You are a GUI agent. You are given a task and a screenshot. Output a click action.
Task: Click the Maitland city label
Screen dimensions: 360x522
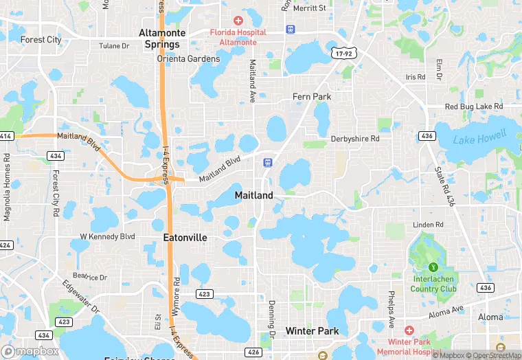pyautogui.click(x=253, y=195)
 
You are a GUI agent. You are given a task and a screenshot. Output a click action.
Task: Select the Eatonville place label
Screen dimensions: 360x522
pyautogui.click(x=185, y=238)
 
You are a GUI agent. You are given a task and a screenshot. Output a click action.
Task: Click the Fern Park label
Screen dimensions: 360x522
pyautogui.click(x=312, y=97)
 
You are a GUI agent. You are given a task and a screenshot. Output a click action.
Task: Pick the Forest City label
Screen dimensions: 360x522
pyautogui.click(x=41, y=40)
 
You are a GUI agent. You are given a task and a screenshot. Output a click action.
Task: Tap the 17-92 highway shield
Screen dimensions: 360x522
pyautogui.click(x=345, y=52)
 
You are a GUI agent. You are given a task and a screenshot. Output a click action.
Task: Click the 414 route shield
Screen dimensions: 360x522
pyautogui.click(x=5, y=137)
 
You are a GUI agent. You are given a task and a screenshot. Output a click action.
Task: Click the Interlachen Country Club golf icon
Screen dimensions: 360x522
pyautogui.click(x=433, y=267)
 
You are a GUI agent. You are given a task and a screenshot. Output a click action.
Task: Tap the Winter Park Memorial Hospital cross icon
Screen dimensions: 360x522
pyautogui.click(x=409, y=330)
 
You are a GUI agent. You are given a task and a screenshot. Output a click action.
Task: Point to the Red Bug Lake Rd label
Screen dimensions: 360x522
pyautogui.click(x=474, y=107)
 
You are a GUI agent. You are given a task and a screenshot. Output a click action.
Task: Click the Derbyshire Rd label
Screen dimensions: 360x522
pyautogui.click(x=355, y=139)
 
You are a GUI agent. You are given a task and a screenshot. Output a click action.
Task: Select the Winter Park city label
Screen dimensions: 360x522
pyautogui.click(x=313, y=331)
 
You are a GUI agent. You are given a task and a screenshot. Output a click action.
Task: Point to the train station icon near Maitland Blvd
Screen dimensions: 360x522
pyautogui.click(x=267, y=162)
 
